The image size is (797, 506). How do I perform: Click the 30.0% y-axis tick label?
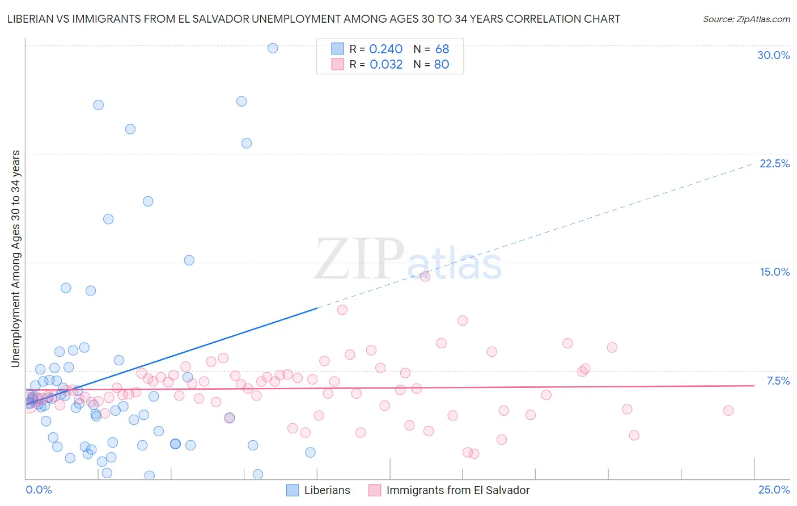pos(773,55)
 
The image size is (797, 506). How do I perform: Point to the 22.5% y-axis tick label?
pos(774,163)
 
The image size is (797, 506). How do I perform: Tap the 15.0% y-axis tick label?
pos(774,272)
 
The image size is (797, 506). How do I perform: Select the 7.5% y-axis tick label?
pos(778,381)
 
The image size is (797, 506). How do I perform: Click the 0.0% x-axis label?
pos(39,490)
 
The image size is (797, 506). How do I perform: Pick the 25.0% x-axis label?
pos(774,490)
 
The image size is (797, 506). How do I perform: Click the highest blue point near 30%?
pos(273,48)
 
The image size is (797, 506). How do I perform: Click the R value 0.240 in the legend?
pos(385,49)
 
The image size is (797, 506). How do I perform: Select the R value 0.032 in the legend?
pos(386,64)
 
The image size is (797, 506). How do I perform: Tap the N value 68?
pos(442,49)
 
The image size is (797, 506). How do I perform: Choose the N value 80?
pos(442,64)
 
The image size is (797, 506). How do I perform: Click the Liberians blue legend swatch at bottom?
pos(292,490)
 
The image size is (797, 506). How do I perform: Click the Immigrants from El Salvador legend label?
pos(457,490)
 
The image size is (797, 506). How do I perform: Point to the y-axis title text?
pos(15,258)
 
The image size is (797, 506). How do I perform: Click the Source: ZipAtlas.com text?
pos(746,19)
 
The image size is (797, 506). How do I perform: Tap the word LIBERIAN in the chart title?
pos(32,19)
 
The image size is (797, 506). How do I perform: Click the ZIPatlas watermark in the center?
pos(408,260)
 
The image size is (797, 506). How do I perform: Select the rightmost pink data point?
pos(728,410)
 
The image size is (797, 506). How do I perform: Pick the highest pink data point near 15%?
pos(425,276)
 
